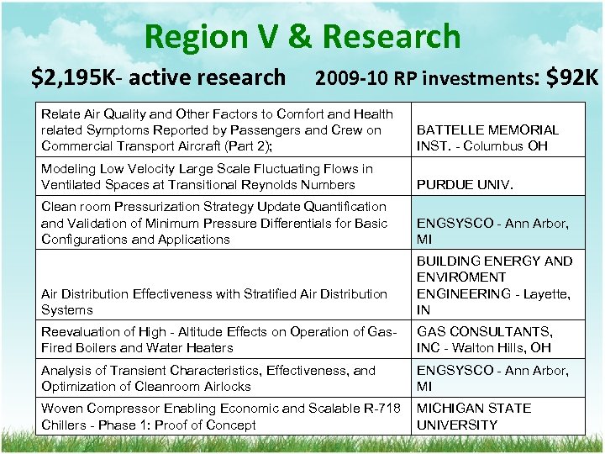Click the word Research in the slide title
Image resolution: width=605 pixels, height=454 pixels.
pos(392,37)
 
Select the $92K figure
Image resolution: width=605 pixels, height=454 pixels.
pos(572,77)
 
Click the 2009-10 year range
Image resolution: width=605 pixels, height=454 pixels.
pos(347,79)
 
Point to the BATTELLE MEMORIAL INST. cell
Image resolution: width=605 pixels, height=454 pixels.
pos(487,138)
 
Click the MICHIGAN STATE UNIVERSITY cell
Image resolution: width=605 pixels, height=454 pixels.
pos(474,416)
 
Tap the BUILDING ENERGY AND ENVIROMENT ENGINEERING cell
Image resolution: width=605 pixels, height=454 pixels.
pos(494,285)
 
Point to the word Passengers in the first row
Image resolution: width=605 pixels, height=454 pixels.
pos(265,130)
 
